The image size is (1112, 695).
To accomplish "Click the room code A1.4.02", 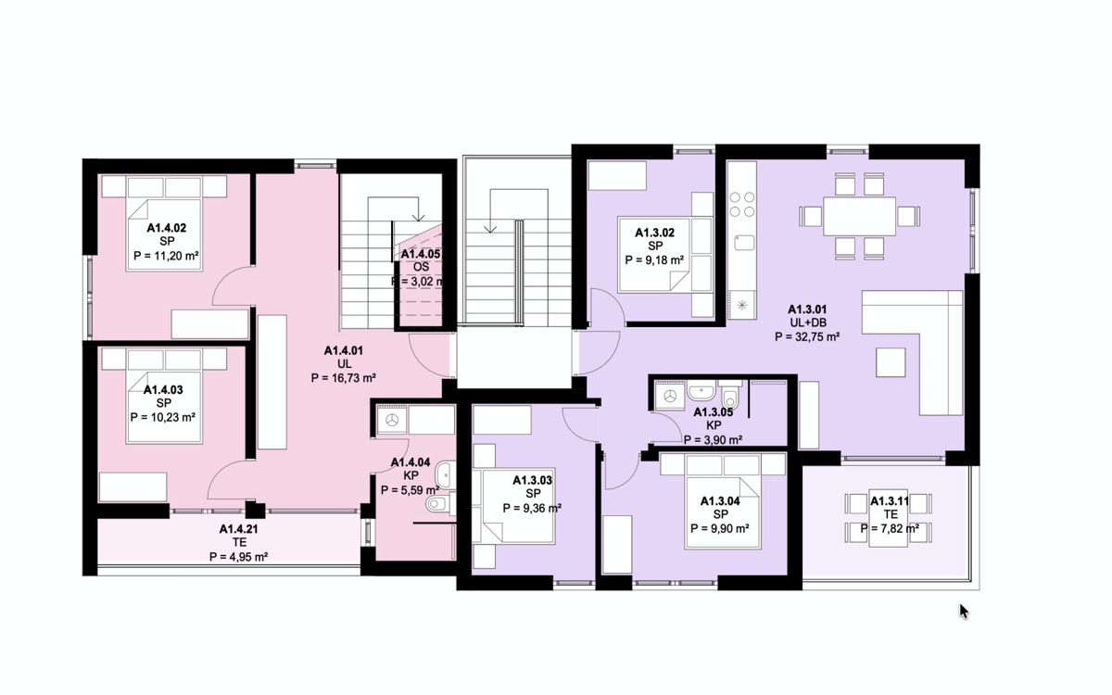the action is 166,228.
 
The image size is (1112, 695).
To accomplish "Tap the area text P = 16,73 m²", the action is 343,378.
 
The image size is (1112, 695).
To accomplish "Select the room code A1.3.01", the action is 807,310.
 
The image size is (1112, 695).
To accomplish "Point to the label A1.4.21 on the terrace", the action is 239,529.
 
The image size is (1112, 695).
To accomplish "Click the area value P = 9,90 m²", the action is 720,529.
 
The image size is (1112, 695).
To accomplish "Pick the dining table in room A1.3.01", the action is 859,217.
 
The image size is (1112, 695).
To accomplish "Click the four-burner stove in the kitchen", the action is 742,205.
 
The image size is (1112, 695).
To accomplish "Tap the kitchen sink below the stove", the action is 744,243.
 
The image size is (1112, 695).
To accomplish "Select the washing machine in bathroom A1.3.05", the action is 670,397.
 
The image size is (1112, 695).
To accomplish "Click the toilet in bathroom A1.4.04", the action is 440,504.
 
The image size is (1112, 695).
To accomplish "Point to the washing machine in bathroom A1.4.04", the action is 392,421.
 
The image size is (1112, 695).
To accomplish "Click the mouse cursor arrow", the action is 964,612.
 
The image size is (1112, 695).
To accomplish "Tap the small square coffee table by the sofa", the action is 891,362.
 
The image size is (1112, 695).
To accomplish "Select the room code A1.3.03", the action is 532,480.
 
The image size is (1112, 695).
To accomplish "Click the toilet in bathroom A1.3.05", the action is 730,395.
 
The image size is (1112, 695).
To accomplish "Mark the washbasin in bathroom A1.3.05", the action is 701,391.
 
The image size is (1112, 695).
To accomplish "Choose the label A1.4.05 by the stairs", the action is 421,254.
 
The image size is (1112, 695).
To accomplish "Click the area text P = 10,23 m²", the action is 162,418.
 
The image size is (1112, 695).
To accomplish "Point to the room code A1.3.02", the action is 655,233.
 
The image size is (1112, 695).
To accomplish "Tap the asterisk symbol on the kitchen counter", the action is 742,305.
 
